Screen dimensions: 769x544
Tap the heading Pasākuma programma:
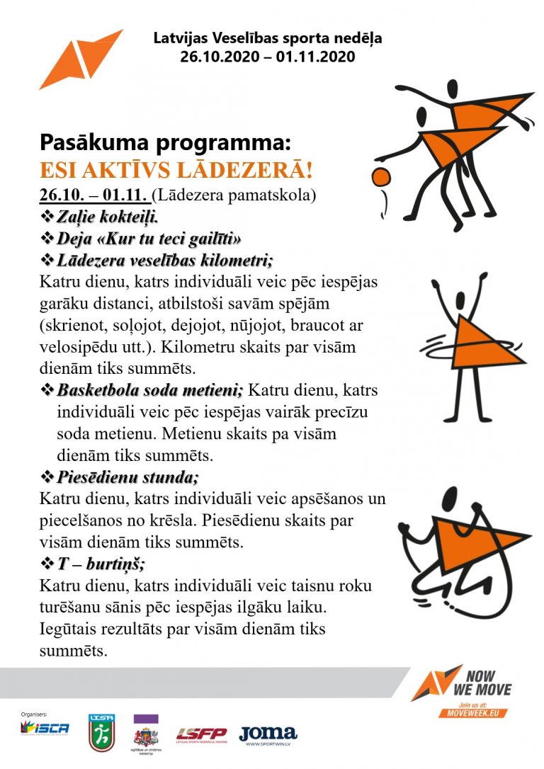pyautogui.click(x=165, y=143)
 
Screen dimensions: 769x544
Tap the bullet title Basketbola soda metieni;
pyautogui.click(x=149, y=389)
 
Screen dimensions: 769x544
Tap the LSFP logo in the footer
pyautogui.click(x=201, y=734)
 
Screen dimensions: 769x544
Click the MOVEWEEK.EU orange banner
pyautogui.click(x=474, y=712)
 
